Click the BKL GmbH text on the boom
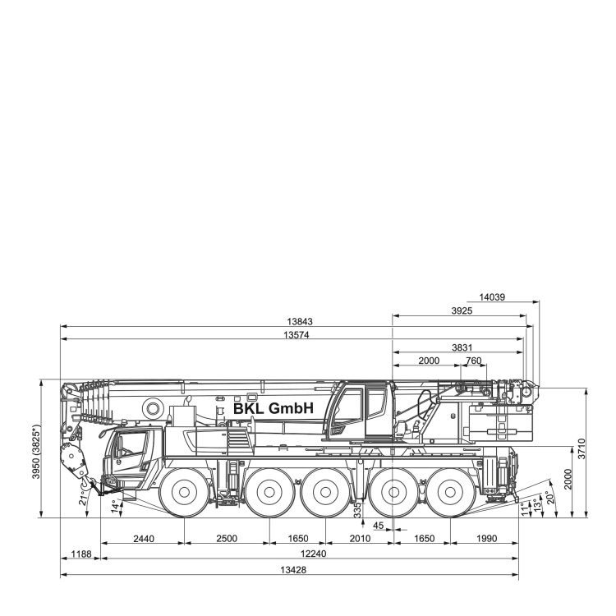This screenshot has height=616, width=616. pyautogui.click(x=274, y=408)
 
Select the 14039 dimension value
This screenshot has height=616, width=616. pyautogui.click(x=492, y=297)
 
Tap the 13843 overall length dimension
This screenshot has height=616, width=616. pyautogui.click(x=300, y=322)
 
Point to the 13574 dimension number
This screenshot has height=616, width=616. pyautogui.click(x=297, y=335)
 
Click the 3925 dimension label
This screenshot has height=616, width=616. pyautogui.click(x=462, y=310)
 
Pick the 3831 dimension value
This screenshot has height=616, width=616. pyautogui.click(x=462, y=347)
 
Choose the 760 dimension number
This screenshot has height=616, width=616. pyautogui.click(x=473, y=361)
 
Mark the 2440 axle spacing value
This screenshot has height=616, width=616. pyautogui.click(x=144, y=538)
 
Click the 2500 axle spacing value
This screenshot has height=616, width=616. pyautogui.click(x=227, y=538)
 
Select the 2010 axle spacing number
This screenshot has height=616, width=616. pyautogui.click(x=360, y=538)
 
